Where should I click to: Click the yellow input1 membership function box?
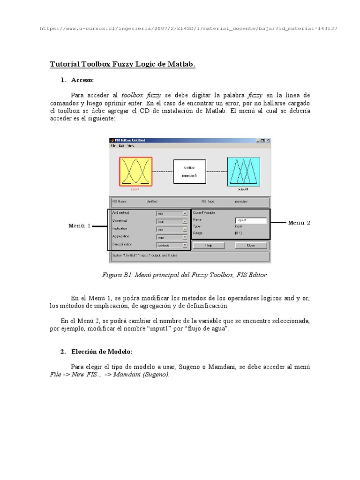click(135, 172)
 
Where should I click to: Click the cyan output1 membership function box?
click(243, 171)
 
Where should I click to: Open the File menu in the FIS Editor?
click(113, 146)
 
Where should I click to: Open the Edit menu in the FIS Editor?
click(121, 146)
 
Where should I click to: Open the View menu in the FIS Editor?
click(131, 146)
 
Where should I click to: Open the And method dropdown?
click(172, 213)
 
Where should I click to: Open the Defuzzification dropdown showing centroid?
click(172, 245)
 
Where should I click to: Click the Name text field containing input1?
click(251, 220)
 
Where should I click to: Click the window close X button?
click(268, 140)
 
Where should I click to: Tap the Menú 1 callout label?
click(80, 226)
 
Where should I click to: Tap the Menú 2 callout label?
click(299, 223)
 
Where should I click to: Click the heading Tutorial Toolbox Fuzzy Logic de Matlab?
click(122, 64)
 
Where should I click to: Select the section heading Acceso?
click(82, 80)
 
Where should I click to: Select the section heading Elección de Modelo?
click(102, 352)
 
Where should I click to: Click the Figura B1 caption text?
click(185, 275)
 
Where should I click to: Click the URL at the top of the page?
click(188, 29)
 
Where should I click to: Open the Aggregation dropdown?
click(172, 237)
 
